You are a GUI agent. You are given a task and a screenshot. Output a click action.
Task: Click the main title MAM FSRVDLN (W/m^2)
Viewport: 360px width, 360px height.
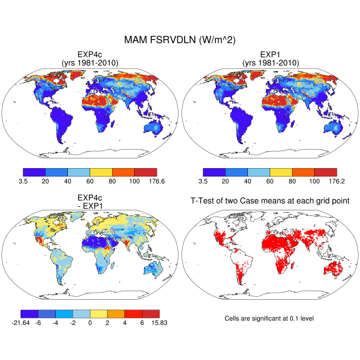(x=180, y=40)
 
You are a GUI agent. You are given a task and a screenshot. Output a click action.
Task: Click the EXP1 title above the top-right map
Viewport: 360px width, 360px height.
(x=270, y=55)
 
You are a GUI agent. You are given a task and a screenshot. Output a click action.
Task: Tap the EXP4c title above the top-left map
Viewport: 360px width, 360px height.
(x=90, y=55)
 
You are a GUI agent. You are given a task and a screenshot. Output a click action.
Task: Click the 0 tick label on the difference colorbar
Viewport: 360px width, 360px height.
(x=90, y=323)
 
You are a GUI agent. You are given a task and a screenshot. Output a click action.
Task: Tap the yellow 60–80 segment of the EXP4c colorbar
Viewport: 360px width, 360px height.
(x=101, y=172)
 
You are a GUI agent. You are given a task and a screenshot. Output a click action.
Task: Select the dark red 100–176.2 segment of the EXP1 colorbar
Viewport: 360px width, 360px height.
(x=325, y=172)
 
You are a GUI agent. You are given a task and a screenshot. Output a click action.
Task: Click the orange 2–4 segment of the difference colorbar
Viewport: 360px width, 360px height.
(x=116, y=314)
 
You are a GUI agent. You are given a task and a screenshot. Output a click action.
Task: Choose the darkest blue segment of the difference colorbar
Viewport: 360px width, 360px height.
(x=29, y=314)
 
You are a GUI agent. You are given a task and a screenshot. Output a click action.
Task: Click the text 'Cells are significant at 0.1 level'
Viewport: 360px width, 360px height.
(x=269, y=318)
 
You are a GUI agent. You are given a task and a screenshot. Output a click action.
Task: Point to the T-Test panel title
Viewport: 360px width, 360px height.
(x=270, y=201)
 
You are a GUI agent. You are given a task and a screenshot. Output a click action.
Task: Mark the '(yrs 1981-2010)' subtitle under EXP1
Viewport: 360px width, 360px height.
(x=270, y=63)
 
